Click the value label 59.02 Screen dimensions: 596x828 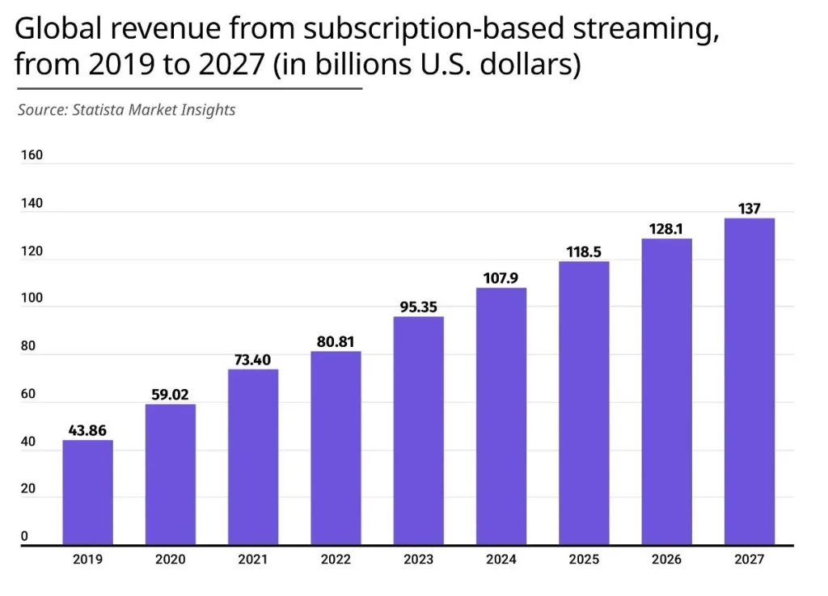click(170, 395)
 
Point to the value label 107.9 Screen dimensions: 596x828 click(501, 278)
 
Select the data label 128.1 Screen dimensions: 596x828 click(666, 229)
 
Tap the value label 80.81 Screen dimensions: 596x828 click(336, 342)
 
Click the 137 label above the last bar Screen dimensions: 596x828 click(749, 209)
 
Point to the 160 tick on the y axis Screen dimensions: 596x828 click(32, 154)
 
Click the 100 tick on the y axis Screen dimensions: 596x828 click(32, 298)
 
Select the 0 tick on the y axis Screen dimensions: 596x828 click(24, 535)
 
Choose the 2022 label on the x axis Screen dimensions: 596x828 click(336, 559)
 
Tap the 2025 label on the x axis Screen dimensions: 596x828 click(583, 559)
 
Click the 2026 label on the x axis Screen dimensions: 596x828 click(666, 559)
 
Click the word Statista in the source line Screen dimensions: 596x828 click(99, 109)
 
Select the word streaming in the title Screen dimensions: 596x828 click(644, 31)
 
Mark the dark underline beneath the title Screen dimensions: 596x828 click(188, 88)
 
